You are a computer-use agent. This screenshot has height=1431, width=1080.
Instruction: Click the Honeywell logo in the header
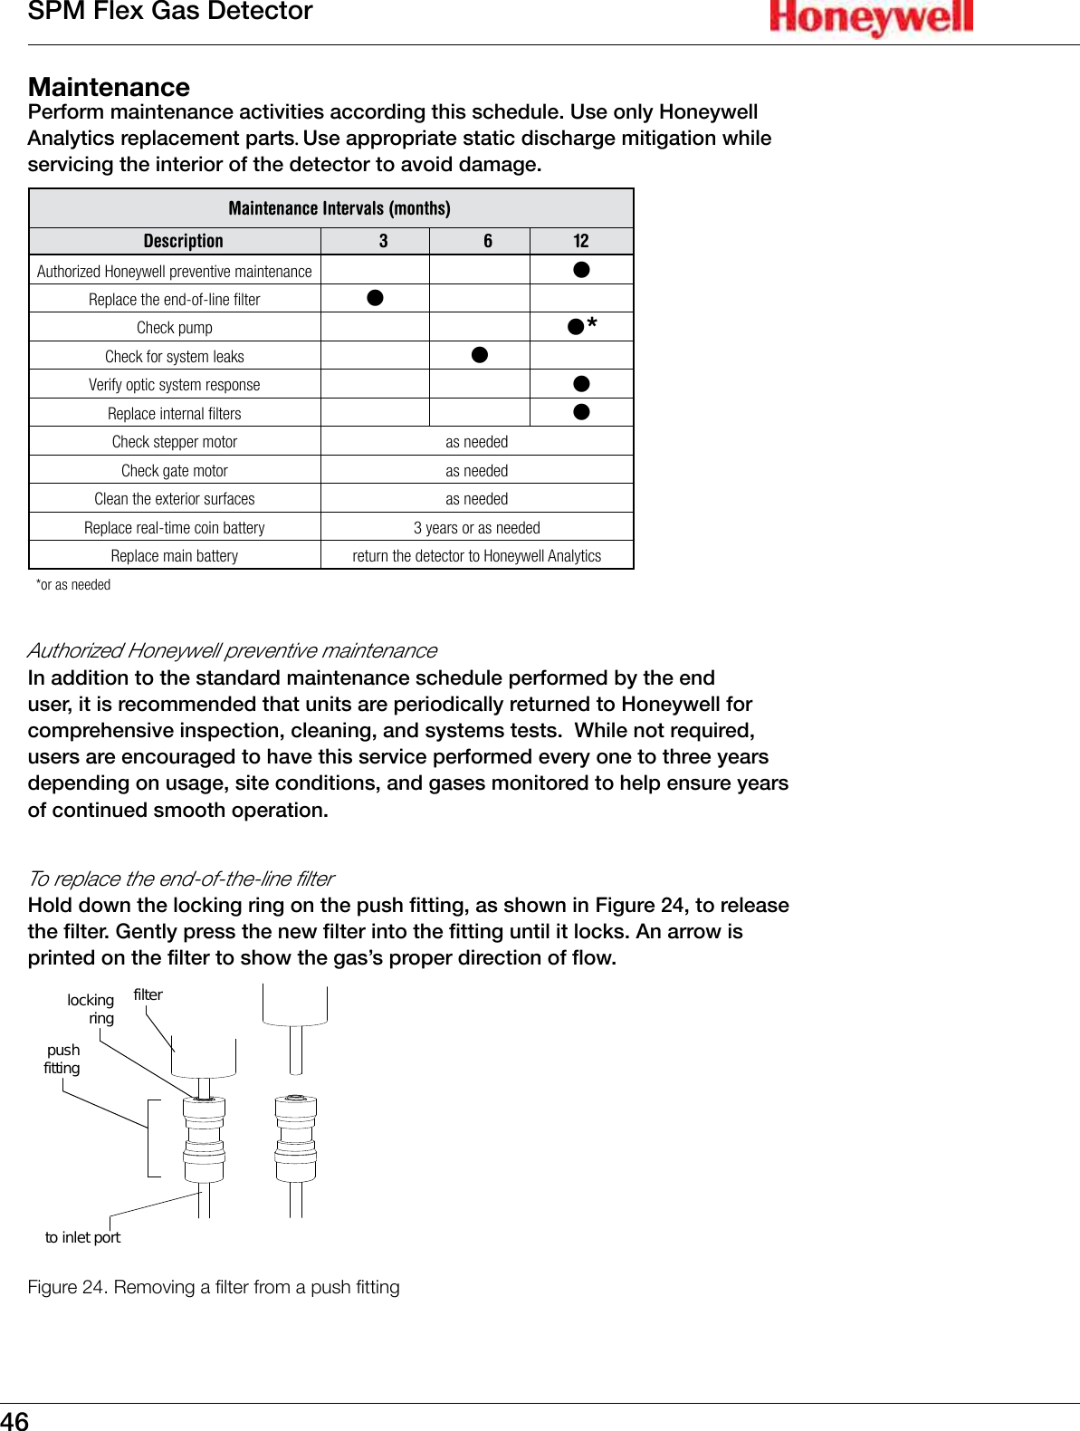871,18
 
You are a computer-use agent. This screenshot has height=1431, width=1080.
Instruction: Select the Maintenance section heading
110,87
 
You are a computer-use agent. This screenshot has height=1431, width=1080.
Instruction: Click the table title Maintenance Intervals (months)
339,208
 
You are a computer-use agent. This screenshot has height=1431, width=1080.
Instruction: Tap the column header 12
581,241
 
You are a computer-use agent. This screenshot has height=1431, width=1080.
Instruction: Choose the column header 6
488,241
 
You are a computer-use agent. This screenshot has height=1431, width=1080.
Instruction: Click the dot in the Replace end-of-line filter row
375,298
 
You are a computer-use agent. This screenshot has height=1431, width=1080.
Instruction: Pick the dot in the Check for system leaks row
480,355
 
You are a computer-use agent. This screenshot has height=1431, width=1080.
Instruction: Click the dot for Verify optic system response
582,384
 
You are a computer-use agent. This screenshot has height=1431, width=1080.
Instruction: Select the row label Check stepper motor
175,442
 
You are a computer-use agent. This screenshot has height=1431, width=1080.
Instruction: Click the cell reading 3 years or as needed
477,528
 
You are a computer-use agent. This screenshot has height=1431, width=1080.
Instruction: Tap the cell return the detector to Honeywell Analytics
477,556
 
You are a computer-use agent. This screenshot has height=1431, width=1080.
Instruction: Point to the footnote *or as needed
73,585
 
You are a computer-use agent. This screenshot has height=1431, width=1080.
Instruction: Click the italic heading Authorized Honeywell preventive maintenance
232,650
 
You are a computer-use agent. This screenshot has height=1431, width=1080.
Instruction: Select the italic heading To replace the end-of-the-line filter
181,879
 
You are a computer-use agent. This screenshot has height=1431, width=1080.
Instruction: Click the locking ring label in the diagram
91,1009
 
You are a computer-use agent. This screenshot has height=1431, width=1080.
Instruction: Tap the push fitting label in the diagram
62,1059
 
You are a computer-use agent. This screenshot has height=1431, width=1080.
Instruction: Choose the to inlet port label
82,1237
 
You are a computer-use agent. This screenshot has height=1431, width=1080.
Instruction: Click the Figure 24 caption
214,1287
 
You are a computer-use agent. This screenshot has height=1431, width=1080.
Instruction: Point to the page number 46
15,1420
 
